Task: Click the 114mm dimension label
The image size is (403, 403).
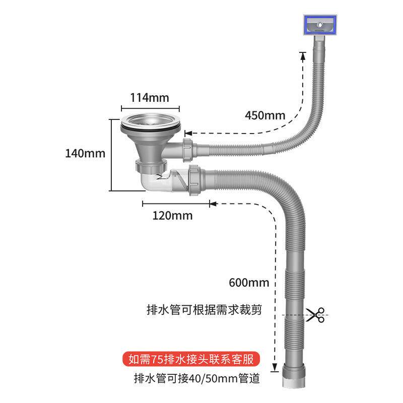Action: click(x=150, y=97)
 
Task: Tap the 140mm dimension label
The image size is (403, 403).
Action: click(x=85, y=153)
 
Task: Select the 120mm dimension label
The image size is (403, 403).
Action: click(x=173, y=216)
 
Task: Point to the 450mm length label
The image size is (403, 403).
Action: click(x=265, y=115)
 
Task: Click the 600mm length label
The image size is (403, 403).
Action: click(x=248, y=282)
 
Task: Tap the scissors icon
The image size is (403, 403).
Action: click(x=316, y=315)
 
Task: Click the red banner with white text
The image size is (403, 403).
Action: click(x=192, y=360)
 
